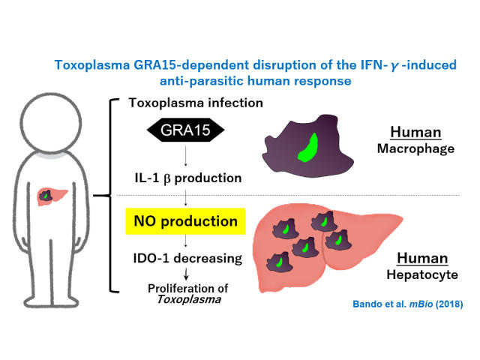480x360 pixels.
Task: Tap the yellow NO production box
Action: pyautogui.click(x=185, y=223)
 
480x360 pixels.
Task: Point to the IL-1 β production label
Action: pyautogui.click(x=184, y=179)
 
